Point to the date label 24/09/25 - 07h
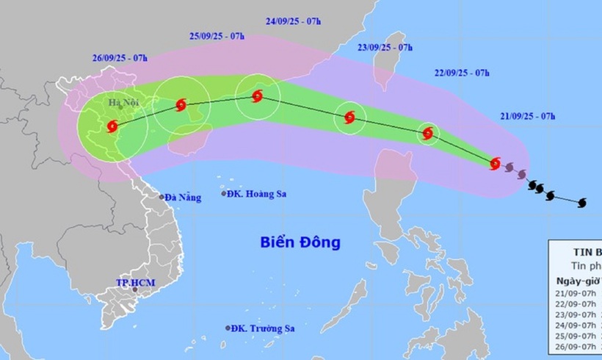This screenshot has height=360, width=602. [x=293, y=21]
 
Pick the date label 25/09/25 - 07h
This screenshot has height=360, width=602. [x=216, y=35]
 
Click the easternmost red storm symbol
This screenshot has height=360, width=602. [x=496, y=163]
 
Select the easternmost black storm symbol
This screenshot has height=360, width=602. [x=583, y=201]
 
